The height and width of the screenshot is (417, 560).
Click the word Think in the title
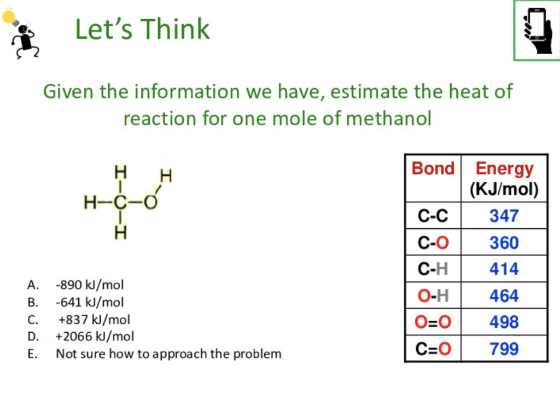176,29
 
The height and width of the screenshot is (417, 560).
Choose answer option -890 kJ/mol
90,285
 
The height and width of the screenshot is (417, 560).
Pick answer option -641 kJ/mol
90,302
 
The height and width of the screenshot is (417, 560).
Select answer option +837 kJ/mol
94,320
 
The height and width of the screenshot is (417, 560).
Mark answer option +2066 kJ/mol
95,336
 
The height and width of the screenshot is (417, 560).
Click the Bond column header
433,168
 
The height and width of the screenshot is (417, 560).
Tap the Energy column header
504,169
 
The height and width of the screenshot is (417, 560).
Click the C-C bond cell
433,216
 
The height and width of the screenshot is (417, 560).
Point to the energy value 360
504,242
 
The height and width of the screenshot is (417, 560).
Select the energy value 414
504,269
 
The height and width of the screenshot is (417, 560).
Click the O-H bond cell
433,296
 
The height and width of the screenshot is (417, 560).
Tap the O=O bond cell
433,322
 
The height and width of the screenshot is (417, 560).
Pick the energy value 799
504,349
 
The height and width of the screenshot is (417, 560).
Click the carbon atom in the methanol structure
120,202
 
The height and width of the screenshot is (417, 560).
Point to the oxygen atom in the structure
150,202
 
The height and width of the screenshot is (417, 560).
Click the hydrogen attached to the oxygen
166,176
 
